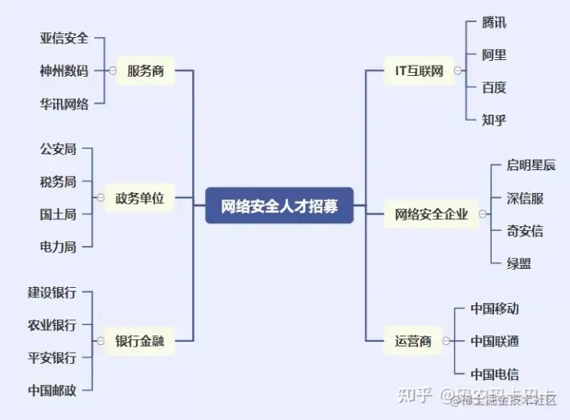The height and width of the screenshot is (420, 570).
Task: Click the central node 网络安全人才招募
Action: pos(279,206)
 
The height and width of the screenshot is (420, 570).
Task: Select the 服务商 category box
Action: pos(145,71)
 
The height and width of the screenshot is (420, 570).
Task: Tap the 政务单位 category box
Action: pos(139,199)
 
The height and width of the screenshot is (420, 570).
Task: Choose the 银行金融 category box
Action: pos(139,341)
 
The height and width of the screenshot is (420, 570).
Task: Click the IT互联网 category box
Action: pos(420,71)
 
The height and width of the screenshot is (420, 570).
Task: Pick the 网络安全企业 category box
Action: pos(431,214)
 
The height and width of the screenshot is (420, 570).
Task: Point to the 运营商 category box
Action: pos(413,342)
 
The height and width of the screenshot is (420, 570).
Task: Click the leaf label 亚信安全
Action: pos(64,38)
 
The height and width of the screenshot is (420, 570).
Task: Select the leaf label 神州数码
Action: pos(64,71)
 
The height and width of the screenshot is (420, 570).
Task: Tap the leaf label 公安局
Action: pos(58,149)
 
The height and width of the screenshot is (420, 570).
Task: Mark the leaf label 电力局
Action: pos(58,247)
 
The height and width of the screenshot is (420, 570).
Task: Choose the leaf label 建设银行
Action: pos(52,293)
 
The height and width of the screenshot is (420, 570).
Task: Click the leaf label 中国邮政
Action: pos(52,390)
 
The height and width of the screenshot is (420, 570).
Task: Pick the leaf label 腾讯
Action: pos(494,22)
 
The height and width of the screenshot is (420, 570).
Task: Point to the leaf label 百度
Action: pos(494,88)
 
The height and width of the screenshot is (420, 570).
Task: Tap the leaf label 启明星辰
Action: pos(531,166)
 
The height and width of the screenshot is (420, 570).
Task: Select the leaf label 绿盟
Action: pos(519,263)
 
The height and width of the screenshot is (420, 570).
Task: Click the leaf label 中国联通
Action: pos(495,342)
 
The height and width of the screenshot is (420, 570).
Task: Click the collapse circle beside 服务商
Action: pos(112,71)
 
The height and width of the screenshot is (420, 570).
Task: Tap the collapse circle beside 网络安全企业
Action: pos(483,214)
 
